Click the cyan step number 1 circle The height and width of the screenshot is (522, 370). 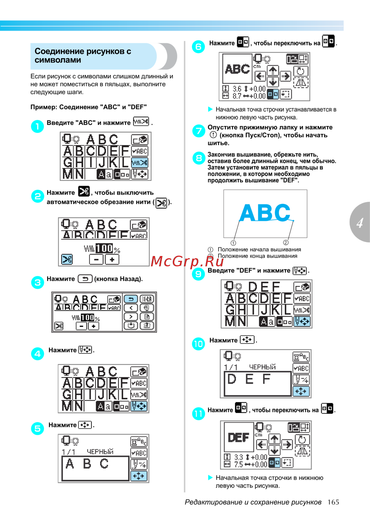(x=37, y=126)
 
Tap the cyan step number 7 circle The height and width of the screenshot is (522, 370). (x=199, y=131)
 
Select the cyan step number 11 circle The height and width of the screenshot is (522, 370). (x=198, y=414)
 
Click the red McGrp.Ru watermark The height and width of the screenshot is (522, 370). (x=187, y=261)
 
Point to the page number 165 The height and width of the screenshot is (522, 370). (x=333, y=502)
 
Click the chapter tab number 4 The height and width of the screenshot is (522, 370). (x=360, y=223)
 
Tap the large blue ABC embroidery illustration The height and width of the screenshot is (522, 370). (x=265, y=212)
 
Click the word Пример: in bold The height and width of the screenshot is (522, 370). (x=44, y=107)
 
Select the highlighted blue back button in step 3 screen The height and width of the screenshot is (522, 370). (x=131, y=299)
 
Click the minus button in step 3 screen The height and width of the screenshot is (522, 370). (x=81, y=326)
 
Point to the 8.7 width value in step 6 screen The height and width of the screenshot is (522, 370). (x=237, y=96)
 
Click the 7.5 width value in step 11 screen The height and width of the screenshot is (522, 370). (x=239, y=464)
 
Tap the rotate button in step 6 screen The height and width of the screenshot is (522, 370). (x=300, y=71)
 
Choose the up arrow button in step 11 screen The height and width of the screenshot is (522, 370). (x=274, y=439)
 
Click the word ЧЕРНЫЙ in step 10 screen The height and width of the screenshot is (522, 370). (x=262, y=367)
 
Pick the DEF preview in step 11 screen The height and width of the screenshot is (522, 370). (x=239, y=437)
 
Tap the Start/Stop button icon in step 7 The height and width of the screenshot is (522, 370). (x=213, y=135)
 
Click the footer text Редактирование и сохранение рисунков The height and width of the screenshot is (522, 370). (x=253, y=502)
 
